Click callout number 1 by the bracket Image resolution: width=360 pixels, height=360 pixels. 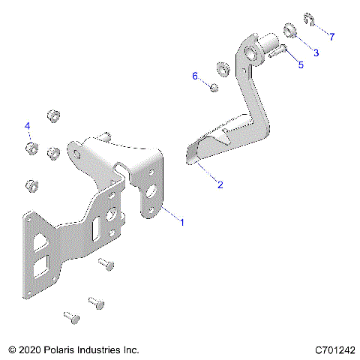coord(181,221)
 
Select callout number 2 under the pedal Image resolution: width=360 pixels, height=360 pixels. coord(220,184)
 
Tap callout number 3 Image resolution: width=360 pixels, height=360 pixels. coord(316,52)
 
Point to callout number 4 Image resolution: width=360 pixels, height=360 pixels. coord(28,124)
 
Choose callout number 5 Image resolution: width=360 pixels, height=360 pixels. coord(301,65)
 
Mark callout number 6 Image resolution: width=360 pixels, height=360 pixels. coord(195,76)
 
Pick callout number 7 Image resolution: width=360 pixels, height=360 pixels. coord(332,36)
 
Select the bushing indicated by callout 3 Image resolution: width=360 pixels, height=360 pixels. coord(289,31)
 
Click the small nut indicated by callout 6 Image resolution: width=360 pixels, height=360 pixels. coord(212,89)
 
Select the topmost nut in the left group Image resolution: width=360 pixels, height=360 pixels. coord(52,117)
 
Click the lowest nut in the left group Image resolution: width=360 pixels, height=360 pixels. coord(31,184)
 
